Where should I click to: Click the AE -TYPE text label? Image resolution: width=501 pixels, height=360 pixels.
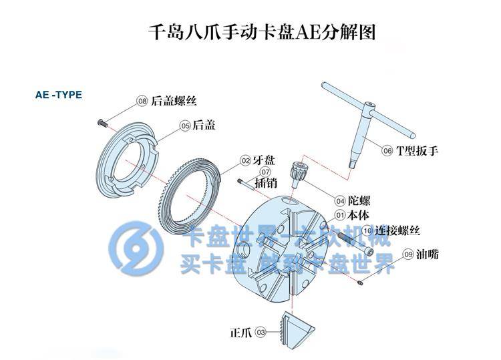tap(58, 95)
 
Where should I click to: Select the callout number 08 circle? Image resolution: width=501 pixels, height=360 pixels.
tap(142, 101)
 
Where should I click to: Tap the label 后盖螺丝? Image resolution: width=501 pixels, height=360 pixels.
tap(174, 101)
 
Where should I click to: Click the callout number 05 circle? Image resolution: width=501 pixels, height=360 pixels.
tap(185, 125)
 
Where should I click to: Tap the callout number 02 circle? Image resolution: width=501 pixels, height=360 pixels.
tap(245, 160)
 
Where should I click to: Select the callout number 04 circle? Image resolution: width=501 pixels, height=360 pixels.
tap(340, 200)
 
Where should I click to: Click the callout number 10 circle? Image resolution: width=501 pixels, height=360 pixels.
tap(367, 230)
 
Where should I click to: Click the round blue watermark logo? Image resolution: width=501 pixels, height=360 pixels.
tap(136, 248)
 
